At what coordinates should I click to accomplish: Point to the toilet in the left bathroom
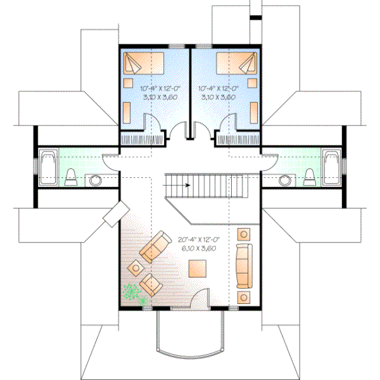point(72,177)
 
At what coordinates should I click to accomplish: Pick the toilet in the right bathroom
point(310,177)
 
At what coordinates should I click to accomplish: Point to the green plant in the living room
point(132,293)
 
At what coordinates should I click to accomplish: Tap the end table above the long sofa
point(243,234)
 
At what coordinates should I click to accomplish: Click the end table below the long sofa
point(243,296)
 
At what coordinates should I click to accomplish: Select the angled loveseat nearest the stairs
point(155,248)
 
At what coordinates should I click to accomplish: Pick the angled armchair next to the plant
point(151,284)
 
